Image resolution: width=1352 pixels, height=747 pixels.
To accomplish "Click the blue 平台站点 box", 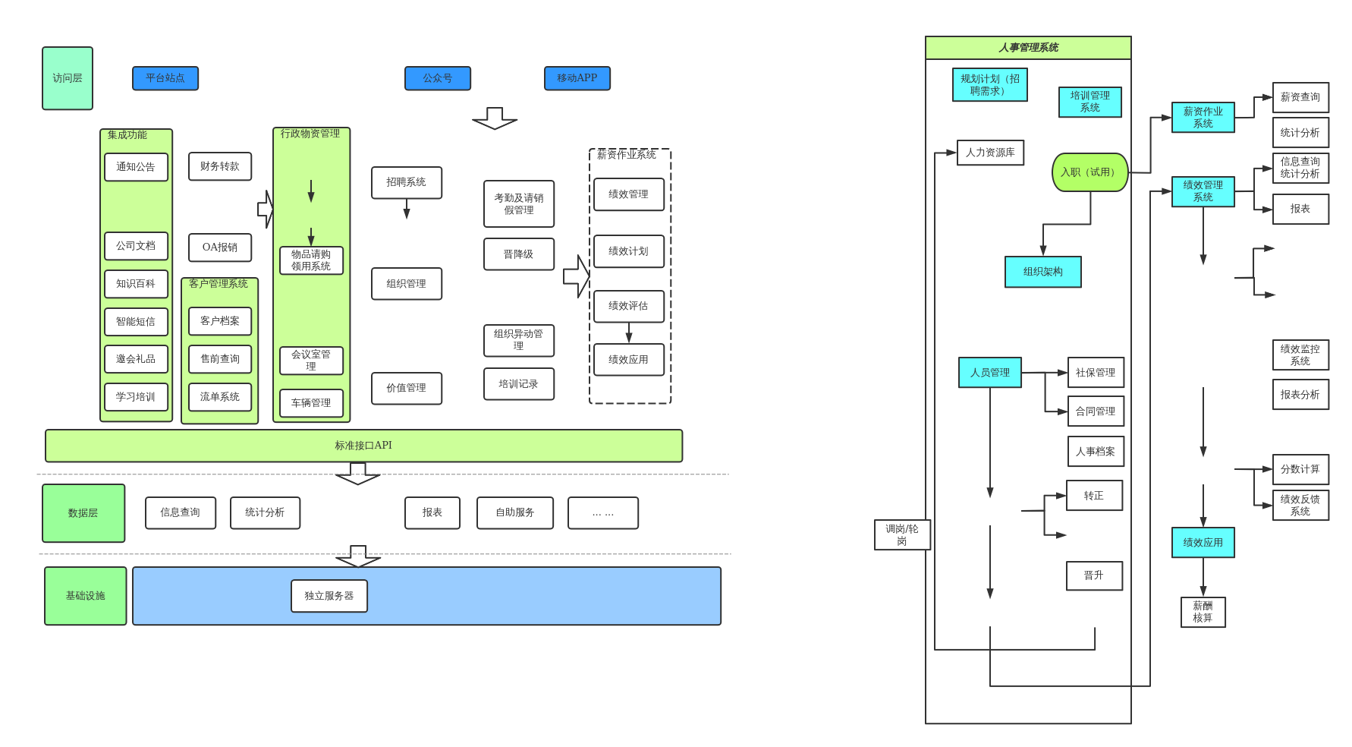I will tap(165, 78).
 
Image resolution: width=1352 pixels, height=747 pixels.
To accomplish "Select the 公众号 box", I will tap(438, 78).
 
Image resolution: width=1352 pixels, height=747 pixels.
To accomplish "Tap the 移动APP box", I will tap(577, 78).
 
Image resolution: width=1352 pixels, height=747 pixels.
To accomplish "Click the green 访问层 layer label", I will tap(68, 78).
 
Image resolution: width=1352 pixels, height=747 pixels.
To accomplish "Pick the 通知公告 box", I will tap(136, 167).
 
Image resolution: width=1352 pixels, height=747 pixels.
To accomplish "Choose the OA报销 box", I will tap(220, 247).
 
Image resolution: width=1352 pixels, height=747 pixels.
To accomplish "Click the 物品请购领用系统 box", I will tap(311, 260).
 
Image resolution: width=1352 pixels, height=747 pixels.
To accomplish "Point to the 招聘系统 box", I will tap(406, 183).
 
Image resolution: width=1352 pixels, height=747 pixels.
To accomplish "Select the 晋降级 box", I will tap(519, 254).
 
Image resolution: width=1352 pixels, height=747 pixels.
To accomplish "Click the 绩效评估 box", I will tap(628, 306).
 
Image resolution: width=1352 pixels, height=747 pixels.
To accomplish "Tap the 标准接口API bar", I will tap(363, 446).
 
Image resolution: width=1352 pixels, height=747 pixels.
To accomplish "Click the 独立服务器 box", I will tap(329, 596).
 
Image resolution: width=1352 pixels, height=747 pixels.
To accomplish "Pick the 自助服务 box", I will tap(515, 513).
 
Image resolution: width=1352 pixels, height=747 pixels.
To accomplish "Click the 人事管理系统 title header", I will tap(1028, 48).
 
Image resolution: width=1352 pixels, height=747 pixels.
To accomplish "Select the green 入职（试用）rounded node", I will tap(1089, 172).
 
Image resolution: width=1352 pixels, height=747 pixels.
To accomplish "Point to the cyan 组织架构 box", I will tap(1043, 272).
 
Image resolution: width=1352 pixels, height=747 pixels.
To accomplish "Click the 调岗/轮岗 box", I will tap(902, 535).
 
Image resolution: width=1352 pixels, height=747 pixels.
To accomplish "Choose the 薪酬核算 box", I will tap(1203, 612).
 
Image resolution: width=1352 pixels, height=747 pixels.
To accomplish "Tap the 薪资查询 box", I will tap(1300, 97).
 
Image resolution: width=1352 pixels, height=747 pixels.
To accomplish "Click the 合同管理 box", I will tap(1096, 411).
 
